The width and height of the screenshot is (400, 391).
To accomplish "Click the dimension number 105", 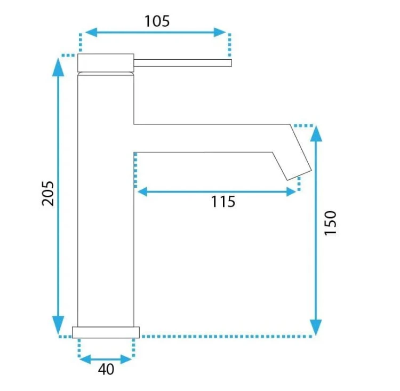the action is click(x=157, y=21).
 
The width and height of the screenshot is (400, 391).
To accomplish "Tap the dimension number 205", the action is click(x=48, y=194).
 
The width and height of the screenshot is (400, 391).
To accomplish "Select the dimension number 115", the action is click(x=223, y=202).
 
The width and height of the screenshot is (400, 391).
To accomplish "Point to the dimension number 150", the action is click(x=330, y=223).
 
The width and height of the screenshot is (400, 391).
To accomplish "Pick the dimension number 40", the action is click(x=106, y=369).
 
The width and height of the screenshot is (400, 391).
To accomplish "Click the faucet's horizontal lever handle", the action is click(x=182, y=63).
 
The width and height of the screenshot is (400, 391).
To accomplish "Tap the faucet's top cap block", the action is click(x=106, y=63).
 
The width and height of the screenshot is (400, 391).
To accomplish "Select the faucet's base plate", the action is click(x=106, y=332).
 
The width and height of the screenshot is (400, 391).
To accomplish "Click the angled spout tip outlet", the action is click(x=300, y=175).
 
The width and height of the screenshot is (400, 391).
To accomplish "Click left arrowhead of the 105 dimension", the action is click(x=91, y=32).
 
